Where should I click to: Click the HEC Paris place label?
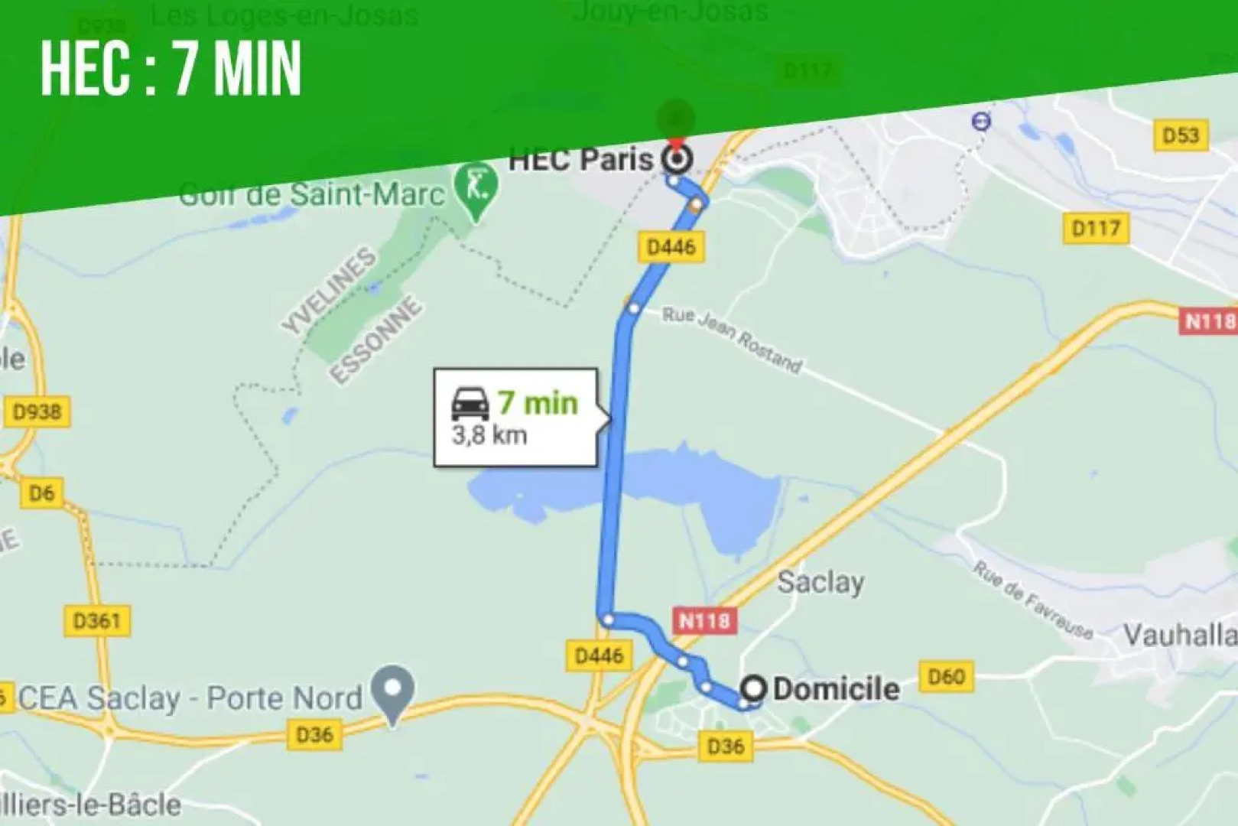(580, 159)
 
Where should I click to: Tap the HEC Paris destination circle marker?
(677, 160)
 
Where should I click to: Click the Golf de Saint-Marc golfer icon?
(476, 186)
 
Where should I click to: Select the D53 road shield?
(1181, 135)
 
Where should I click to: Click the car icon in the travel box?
(470, 403)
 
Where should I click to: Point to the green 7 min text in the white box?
(538, 402)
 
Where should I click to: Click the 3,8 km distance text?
(489, 436)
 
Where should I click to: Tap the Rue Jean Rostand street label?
(732, 340)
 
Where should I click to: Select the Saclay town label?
(820, 583)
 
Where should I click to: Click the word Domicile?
(836, 689)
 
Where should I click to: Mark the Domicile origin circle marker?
(754, 688)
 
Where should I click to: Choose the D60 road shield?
(946, 677)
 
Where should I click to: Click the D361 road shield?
(97, 620)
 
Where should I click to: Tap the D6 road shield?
(41, 493)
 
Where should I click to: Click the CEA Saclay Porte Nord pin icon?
(392, 691)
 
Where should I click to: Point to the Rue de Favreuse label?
(1032, 600)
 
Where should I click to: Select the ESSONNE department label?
(376, 340)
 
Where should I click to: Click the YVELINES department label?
(330, 291)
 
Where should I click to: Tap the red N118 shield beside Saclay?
(705, 620)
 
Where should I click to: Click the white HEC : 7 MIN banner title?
(171, 69)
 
